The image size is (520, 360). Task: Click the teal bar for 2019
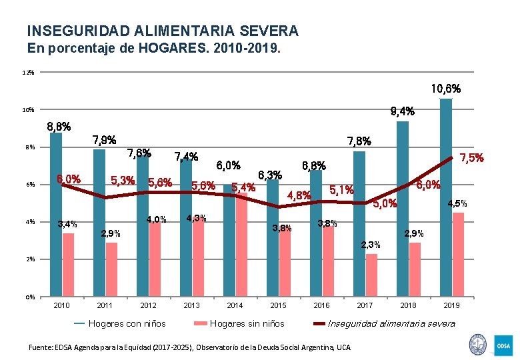pyautogui.click(x=446, y=197)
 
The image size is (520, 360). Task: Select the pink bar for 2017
pyautogui.click(x=371, y=275)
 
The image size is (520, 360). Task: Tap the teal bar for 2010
pyautogui.click(x=56, y=214)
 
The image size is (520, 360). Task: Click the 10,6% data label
pyautogui.click(x=445, y=88)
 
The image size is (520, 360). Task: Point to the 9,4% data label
pyautogui.click(x=401, y=111)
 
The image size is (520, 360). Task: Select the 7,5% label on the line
pyautogui.click(x=471, y=158)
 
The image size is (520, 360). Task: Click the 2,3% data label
pyautogui.click(x=371, y=245)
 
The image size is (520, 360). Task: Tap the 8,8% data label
pyautogui.click(x=59, y=126)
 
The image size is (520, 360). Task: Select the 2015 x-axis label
pyautogui.click(x=278, y=306)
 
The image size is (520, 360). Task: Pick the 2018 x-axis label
pyautogui.click(x=408, y=306)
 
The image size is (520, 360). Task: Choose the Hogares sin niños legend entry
pyautogui.click(x=239, y=323)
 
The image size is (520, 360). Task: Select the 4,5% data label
pyautogui.click(x=457, y=203)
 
